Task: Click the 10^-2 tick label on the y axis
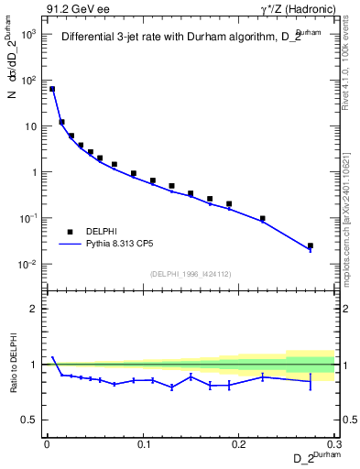coord(28,265)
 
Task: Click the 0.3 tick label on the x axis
coord(335,444)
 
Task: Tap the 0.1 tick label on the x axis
coord(143,444)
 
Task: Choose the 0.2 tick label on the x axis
coord(239,444)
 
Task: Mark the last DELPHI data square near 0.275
coord(311,245)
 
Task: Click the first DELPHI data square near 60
coord(52,89)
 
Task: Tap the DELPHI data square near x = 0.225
coord(263,219)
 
